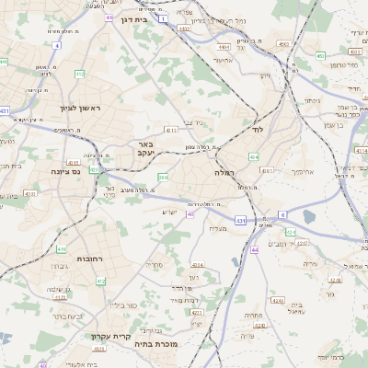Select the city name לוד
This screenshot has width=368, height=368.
point(257,132)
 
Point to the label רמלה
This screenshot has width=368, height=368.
point(226,172)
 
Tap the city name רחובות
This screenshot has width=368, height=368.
point(94,259)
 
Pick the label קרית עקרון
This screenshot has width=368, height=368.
point(109,336)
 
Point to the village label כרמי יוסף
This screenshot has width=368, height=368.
point(349,356)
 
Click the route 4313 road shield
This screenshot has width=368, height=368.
point(171,131)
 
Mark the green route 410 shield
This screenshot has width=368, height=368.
point(63,249)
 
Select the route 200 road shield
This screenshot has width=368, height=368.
point(163,177)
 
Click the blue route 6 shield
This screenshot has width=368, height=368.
point(282,214)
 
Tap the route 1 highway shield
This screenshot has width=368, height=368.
point(164,18)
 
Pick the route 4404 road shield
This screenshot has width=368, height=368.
point(224,44)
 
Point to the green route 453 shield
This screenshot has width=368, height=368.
point(320,55)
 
